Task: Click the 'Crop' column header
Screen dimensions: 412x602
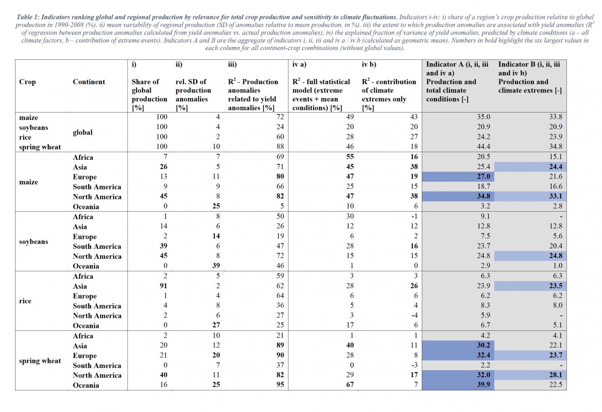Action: pyautogui.click(x=27, y=82)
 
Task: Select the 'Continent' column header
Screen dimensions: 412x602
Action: pyautogui.click(x=89, y=82)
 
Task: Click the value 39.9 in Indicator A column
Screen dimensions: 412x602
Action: pyautogui.click(x=483, y=384)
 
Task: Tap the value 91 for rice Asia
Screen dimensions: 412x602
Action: pyautogui.click(x=163, y=286)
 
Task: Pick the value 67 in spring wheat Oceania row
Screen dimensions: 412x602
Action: pyautogui.click(x=349, y=384)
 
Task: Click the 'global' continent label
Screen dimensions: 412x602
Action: pyautogui.click(x=83, y=132)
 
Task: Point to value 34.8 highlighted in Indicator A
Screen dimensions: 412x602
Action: pyautogui.click(x=483, y=196)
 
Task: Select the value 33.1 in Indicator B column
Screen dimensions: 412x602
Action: pyautogui.click(x=555, y=196)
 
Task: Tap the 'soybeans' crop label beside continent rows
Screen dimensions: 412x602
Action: pyautogui.click(x=33, y=241)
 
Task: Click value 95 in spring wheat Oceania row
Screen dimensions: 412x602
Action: pyautogui.click(x=280, y=384)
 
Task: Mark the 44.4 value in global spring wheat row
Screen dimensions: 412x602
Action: pyautogui.click(x=483, y=146)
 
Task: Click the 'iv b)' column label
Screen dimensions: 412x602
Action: pyautogui.click(x=369, y=64)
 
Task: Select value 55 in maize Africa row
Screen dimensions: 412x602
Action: pyautogui.click(x=349, y=157)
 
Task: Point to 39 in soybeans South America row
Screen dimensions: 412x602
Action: pyautogui.click(x=163, y=246)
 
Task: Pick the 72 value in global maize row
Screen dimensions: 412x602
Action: pyautogui.click(x=280, y=117)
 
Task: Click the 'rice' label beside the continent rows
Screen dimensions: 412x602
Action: pyautogui.click(x=25, y=301)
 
